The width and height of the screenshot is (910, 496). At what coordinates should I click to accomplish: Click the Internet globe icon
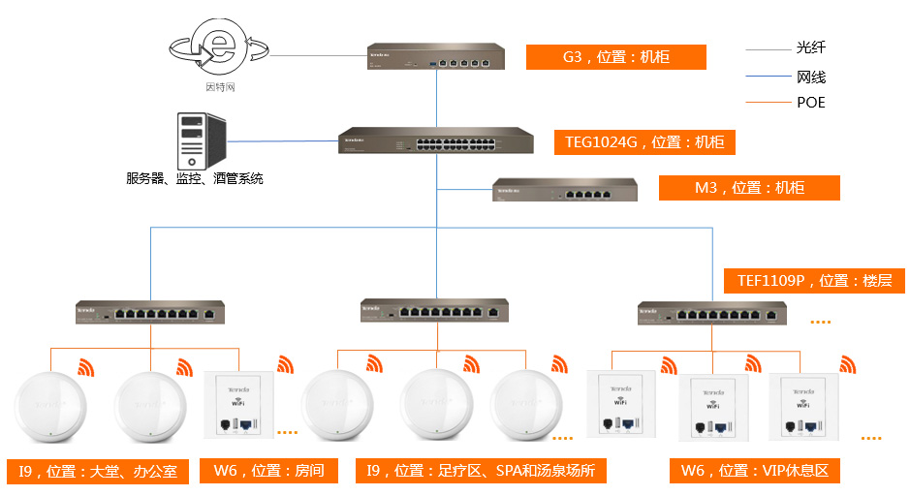click(x=219, y=48)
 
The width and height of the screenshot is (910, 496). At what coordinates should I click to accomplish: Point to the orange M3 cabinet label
click(x=749, y=188)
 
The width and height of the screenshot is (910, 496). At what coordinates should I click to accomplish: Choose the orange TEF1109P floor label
click(x=813, y=281)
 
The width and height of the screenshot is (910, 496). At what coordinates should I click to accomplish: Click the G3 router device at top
click(x=436, y=56)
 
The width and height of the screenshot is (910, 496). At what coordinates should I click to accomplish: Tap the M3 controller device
click(x=566, y=190)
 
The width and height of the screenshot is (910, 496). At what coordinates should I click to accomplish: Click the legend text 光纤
click(x=810, y=47)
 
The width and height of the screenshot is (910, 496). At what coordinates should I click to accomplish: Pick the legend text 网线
click(x=810, y=77)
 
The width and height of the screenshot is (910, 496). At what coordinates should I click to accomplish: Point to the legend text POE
click(x=810, y=102)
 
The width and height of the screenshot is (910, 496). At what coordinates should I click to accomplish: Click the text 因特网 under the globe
click(x=220, y=87)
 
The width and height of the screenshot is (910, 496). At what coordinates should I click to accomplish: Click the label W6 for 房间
click(x=268, y=472)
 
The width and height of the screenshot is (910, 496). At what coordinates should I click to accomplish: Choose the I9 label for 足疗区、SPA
click(x=481, y=472)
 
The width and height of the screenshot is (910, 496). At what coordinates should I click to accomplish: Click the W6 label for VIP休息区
click(x=754, y=472)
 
